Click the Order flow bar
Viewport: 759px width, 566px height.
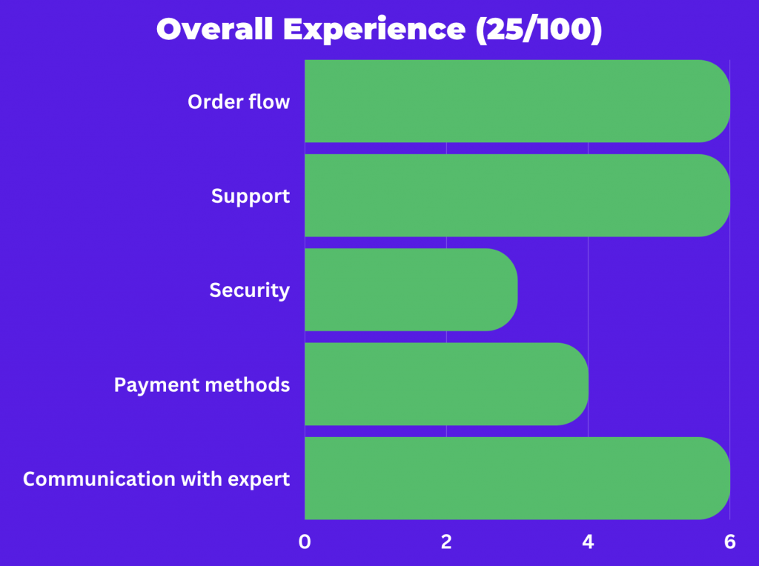pos(517,101)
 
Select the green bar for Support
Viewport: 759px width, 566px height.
pos(517,196)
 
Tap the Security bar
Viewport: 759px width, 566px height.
pos(411,290)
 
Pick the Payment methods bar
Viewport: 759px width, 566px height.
pos(446,384)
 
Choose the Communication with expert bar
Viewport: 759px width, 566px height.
pos(517,479)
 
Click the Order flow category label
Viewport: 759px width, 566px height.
pos(239,102)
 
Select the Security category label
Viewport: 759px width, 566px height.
pos(250,290)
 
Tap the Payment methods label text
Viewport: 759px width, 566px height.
pos(202,385)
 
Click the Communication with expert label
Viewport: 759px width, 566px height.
pos(156,479)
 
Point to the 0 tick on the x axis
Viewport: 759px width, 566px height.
pos(305,542)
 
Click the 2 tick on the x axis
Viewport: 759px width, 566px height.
pos(446,542)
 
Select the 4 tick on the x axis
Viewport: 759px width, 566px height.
pos(588,542)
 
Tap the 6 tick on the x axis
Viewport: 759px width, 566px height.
pos(730,542)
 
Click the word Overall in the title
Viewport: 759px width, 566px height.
pos(214,29)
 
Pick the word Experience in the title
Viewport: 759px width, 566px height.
pos(374,30)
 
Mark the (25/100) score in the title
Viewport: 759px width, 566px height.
pos(539,30)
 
